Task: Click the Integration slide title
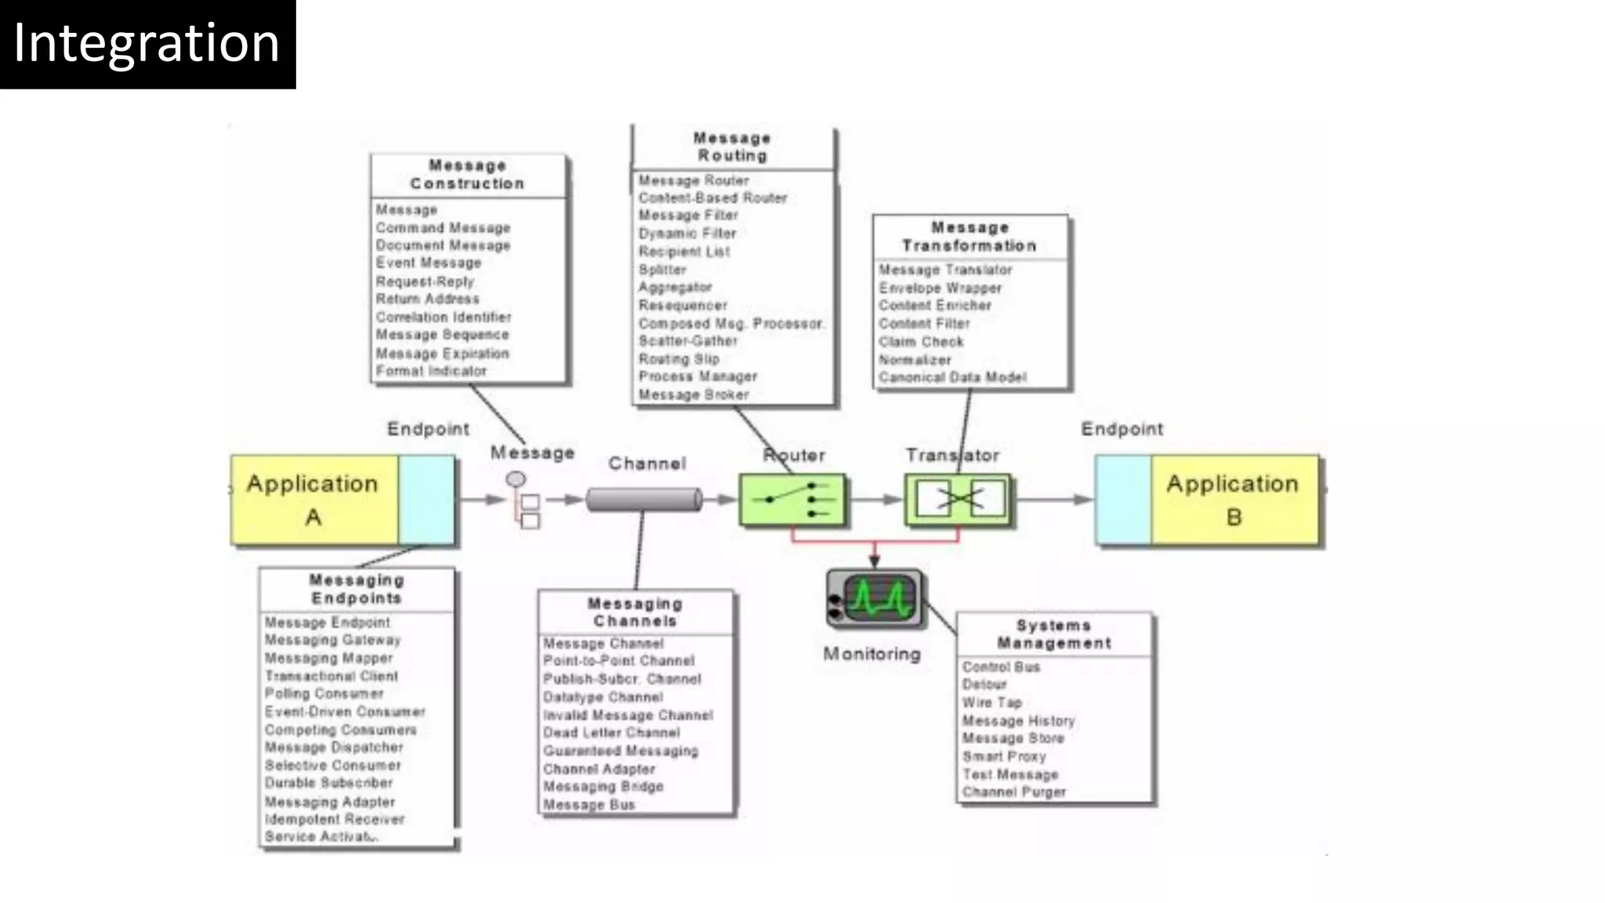tap(147, 43)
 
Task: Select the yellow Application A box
tap(314, 499)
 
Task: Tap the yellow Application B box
tap(1234, 499)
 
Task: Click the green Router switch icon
tap(792, 499)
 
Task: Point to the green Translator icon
tap(958, 499)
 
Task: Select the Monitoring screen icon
tap(875, 598)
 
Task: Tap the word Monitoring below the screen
tap(871, 654)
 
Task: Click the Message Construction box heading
tap(467, 175)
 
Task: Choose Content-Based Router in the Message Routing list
tap(712, 198)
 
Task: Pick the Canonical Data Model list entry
tap(952, 378)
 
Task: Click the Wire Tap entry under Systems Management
tap(992, 702)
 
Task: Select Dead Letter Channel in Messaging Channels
tap(611, 733)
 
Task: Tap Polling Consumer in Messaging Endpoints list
tap(324, 694)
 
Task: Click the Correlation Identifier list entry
tap(443, 317)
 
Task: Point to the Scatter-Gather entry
tap(687, 341)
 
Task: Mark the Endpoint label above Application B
tap(1121, 429)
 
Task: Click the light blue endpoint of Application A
tap(426, 499)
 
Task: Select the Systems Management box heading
tap(1054, 634)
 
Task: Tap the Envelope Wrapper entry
tap(940, 288)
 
